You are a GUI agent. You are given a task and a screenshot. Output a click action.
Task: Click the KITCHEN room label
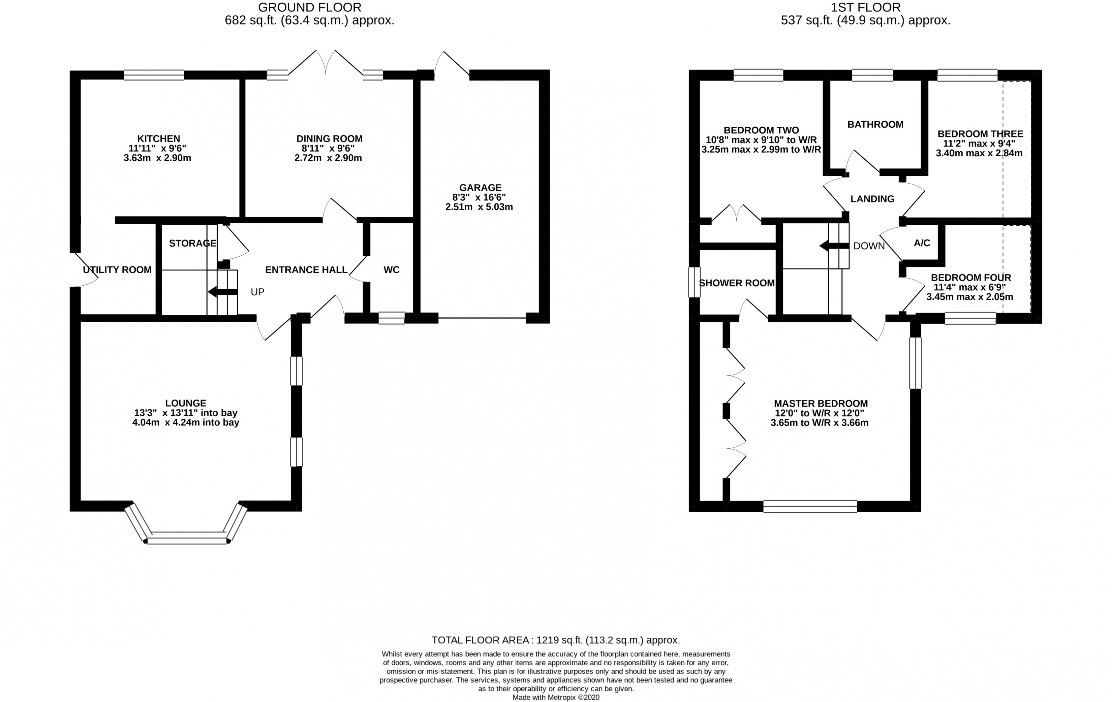(158, 138)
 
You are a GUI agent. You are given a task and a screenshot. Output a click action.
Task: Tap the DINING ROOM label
(329, 138)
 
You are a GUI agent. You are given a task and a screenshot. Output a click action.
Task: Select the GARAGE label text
(480, 187)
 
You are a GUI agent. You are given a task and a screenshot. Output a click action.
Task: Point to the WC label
(391, 269)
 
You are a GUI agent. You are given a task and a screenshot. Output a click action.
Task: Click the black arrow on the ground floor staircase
(223, 292)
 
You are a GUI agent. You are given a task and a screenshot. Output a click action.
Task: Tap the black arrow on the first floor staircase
(834, 246)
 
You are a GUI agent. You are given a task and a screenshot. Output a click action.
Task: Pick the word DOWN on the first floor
(869, 246)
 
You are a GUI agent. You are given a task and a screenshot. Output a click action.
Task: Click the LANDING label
(872, 199)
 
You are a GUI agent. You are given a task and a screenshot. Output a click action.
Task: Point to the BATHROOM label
(875, 124)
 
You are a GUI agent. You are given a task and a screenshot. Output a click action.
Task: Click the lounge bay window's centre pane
(187, 538)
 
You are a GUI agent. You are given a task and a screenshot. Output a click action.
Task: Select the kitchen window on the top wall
(154, 75)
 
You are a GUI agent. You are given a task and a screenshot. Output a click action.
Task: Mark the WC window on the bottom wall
(392, 318)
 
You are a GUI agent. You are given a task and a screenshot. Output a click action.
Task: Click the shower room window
(694, 283)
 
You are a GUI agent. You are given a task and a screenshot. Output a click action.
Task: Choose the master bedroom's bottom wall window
(810, 506)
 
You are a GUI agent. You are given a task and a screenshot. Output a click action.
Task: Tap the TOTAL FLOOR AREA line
(556, 640)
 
